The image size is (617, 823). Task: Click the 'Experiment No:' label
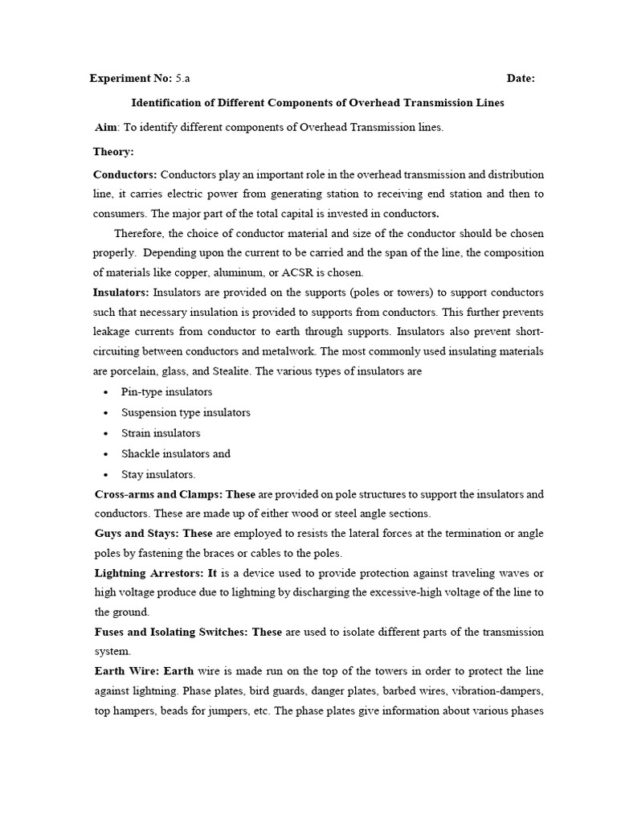[130, 79]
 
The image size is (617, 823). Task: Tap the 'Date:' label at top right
[521, 79]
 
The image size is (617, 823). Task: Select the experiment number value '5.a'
[183, 79]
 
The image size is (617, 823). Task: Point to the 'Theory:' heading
[113, 151]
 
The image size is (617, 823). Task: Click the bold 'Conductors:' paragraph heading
[125, 174]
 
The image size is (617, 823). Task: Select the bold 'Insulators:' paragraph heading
[121, 292]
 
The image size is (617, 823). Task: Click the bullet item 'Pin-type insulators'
[166, 391]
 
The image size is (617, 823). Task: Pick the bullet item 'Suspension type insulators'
[186, 412]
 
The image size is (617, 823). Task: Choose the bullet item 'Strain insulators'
[161, 433]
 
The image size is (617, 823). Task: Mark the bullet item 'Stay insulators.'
[158, 474]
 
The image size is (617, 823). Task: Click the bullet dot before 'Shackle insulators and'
[107, 454]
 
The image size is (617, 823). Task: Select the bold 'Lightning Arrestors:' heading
[149, 572]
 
